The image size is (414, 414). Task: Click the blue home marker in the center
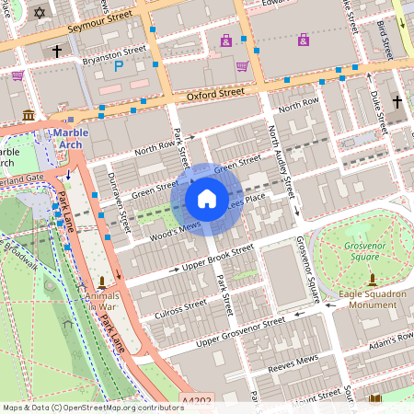(207, 198)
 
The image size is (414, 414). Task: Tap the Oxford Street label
(213, 93)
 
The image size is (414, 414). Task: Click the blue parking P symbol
(118, 65)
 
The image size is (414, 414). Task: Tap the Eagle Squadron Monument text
(373, 298)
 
